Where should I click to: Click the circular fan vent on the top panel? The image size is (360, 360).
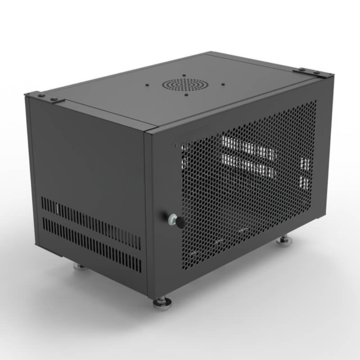(x=184, y=84)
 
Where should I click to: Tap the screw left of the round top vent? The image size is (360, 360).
(x=147, y=85)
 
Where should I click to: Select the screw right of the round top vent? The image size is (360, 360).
(x=223, y=85)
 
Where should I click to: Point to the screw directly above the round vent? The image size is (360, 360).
(x=184, y=75)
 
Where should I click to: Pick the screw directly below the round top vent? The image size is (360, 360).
(x=186, y=95)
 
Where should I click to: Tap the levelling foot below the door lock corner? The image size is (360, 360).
(x=162, y=302)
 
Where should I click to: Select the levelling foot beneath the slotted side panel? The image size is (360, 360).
(x=80, y=267)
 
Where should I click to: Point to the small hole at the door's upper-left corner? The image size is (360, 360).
(x=175, y=146)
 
